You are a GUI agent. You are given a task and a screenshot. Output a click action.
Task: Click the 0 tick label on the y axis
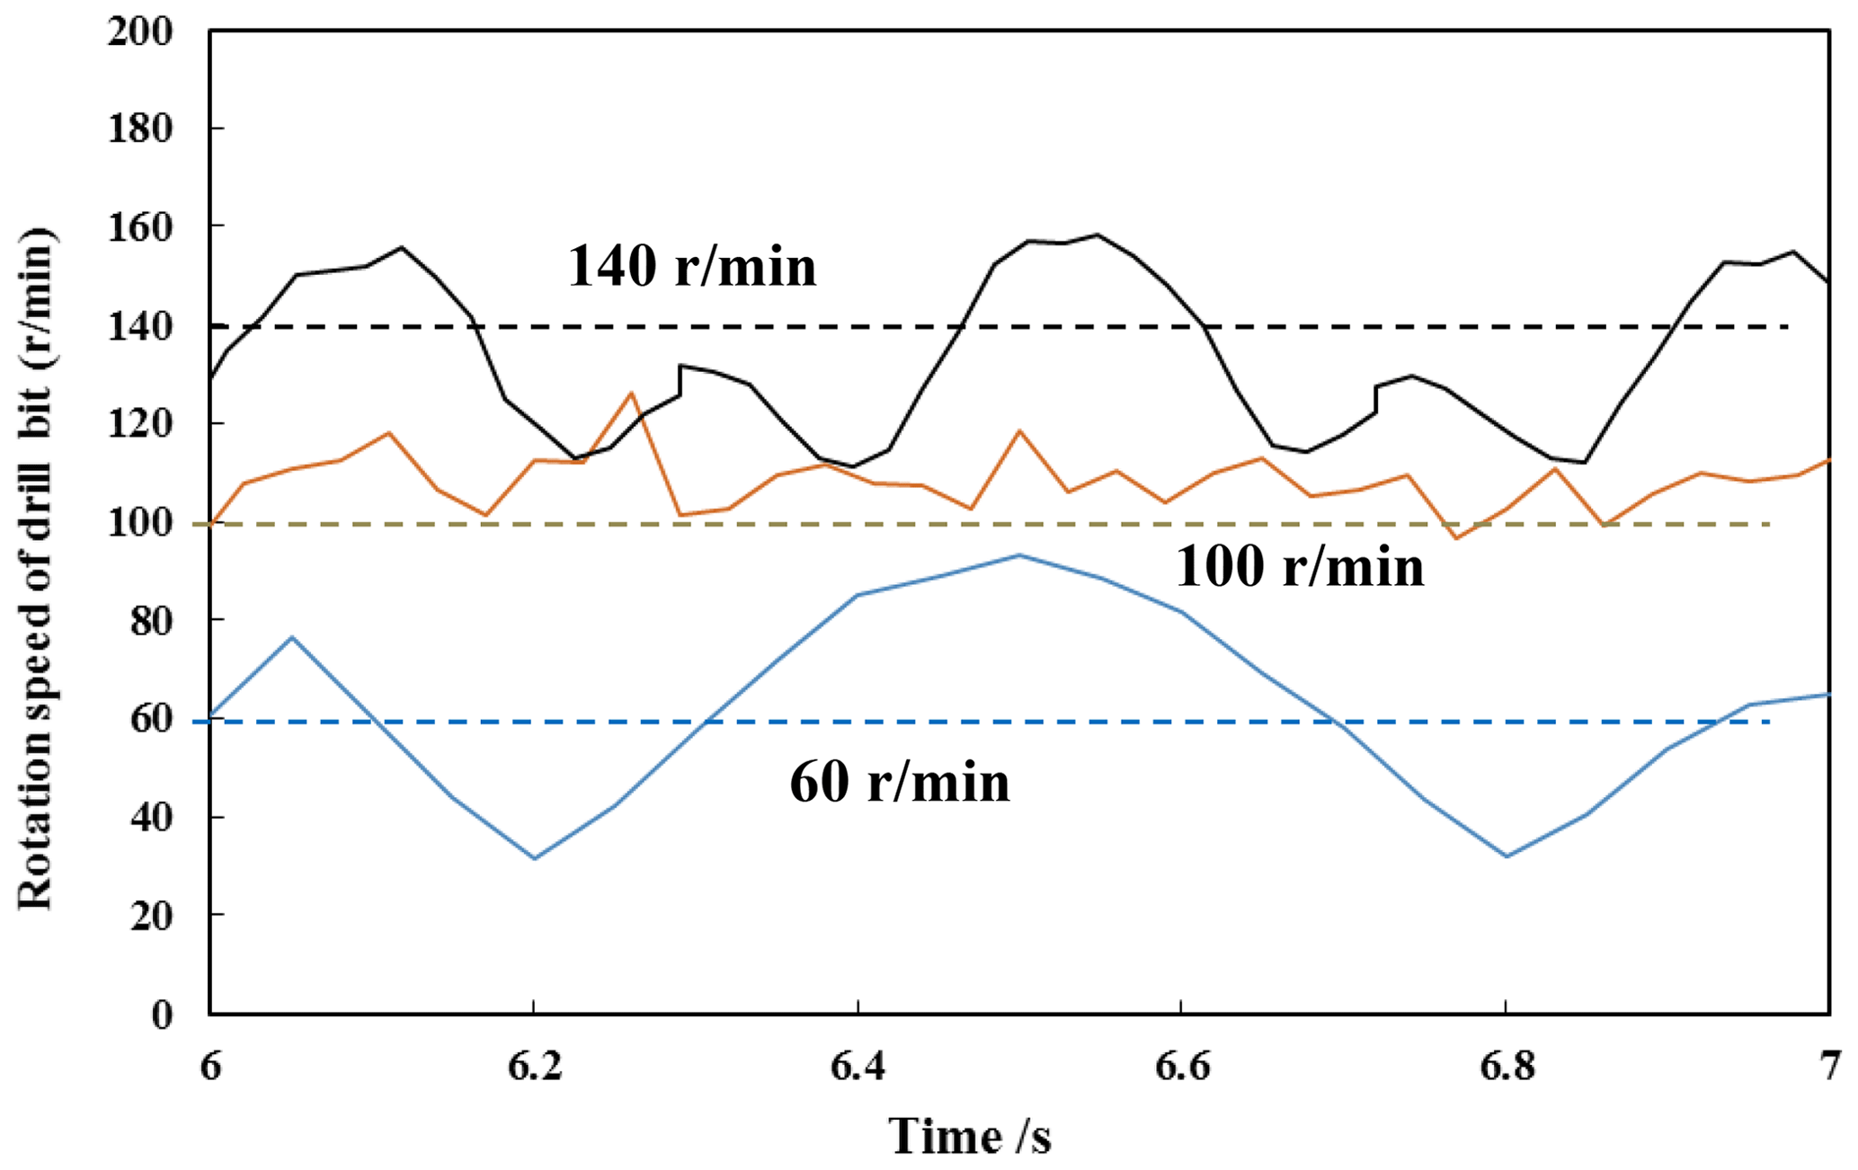(173, 1015)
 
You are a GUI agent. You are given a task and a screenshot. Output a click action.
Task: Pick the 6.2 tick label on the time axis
(534, 1067)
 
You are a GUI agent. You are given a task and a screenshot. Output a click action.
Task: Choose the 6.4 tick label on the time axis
(858, 1067)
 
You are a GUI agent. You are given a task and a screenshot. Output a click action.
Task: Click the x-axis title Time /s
(970, 1136)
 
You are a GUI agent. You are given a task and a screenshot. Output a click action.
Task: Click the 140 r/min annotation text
(691, 268)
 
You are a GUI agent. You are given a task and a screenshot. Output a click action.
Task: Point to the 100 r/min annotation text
(1299, 568)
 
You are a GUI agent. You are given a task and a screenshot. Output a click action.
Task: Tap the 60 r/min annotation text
(900, 783)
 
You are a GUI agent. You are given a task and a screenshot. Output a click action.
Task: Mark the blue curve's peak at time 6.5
(1019, 554)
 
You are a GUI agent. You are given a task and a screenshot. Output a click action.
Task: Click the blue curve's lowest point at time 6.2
(535, 859)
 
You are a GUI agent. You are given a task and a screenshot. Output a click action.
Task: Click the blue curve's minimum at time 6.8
(1507, 856)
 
